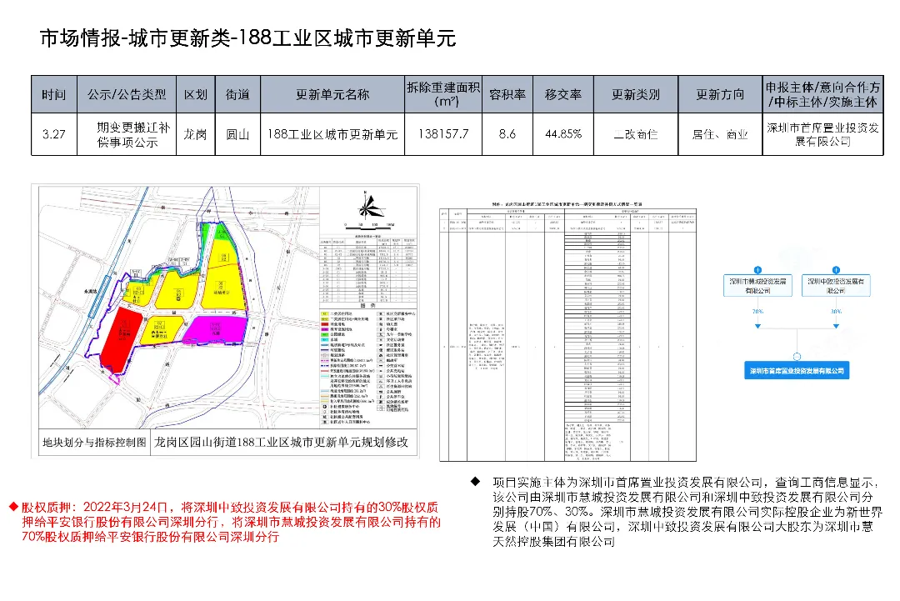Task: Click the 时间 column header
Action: click(x=53, y=94)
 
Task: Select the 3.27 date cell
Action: click(x=53, y=133)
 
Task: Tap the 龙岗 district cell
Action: click(x=195, y=133)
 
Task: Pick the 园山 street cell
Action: click(x=237, y=133)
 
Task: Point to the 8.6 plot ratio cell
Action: click(x=507, y=133)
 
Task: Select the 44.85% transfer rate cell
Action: click(x=563, y=133)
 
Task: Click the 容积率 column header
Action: click(x=507, y=94)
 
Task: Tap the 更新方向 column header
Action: click(x=720, y=94)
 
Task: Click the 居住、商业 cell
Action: click(x=720, y=133)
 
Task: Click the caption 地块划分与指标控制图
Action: click(x=94, y=441)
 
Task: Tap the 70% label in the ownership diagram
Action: click(x=757, y=311)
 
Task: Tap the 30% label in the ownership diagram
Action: click(x=836, y=311)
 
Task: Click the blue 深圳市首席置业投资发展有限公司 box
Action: click(x=796, y=371)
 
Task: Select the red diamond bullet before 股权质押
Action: click(x=13, y=506)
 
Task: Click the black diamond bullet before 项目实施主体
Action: click(x=475, y=481)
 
